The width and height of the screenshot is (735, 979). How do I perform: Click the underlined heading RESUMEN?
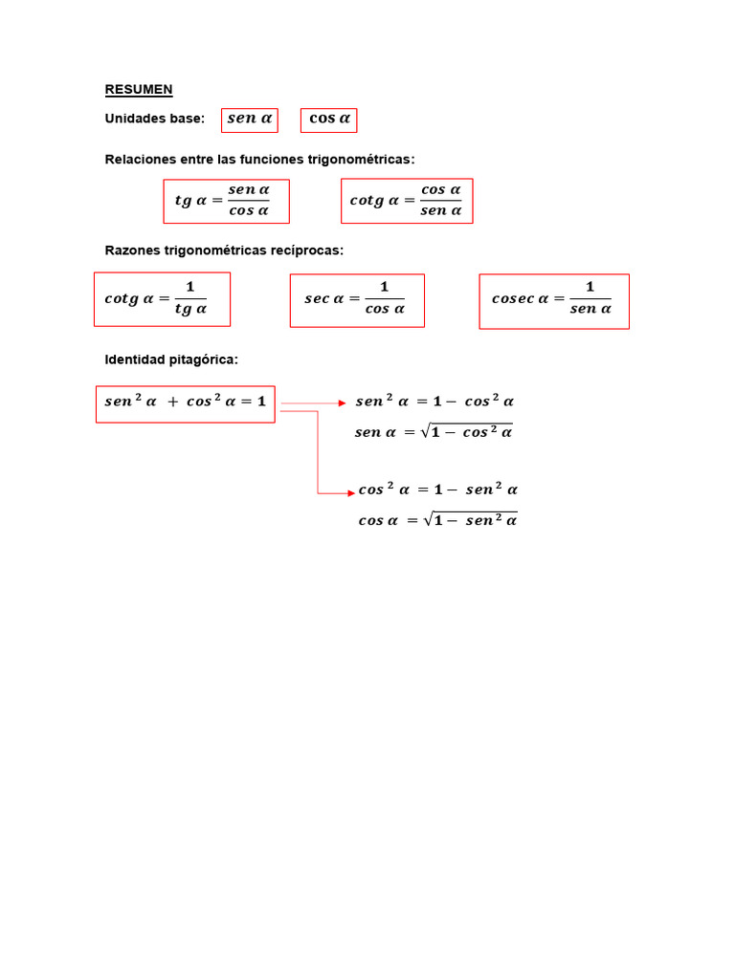(x=139, y=89)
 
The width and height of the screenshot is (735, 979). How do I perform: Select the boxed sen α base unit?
(x=250, y=120)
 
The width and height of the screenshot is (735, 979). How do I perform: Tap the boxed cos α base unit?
(x=329, y=120)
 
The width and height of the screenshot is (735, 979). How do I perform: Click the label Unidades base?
(x=154, y=119)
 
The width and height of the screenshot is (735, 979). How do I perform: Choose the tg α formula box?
(x=226, y=201)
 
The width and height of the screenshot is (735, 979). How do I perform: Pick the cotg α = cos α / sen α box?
(x=407, y=201)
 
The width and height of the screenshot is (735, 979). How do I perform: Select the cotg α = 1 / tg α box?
(x=162, y=299)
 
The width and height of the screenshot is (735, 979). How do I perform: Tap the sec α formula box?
(x=357, y=300)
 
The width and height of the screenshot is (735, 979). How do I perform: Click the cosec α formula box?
(x=554, y=301)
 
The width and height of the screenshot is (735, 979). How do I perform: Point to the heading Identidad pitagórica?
(x=171, y=359)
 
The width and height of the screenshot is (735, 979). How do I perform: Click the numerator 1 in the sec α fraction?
(x=385, y=287)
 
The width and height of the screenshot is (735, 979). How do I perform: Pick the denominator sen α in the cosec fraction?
(x=590, y=309)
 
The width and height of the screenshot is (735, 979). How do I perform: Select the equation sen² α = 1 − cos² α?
(x=434, y=401)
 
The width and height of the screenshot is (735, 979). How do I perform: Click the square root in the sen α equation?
(x=467, y=431)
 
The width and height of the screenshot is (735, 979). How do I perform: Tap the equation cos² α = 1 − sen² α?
(x=437, y=489)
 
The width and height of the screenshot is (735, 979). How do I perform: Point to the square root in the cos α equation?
(x=470, y=519)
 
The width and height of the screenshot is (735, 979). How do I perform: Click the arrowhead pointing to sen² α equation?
(x=342, y=403)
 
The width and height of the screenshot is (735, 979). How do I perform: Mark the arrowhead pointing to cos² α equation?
(x=351, y=493)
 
